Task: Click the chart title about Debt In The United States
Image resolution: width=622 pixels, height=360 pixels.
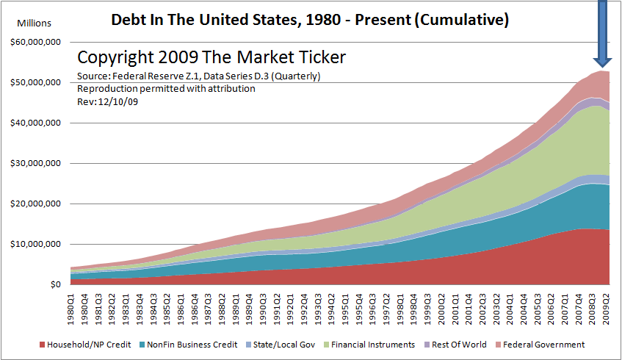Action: tap(309, 20)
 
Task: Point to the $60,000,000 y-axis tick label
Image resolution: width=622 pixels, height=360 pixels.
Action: tap(35, 43)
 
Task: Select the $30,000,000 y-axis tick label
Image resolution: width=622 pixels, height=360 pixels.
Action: tap(35, 163)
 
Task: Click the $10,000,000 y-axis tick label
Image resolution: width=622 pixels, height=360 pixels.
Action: tap(35, 244)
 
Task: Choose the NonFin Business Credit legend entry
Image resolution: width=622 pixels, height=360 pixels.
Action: tap(189, 345)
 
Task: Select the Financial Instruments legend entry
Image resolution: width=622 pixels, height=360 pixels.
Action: tap(374, 345)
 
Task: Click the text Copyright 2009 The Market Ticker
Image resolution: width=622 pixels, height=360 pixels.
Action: tap(211, 57)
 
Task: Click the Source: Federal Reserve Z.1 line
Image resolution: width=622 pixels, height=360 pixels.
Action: tap(198, 76)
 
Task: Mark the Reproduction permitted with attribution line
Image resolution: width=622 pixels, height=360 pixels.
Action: tap(166, 89)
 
